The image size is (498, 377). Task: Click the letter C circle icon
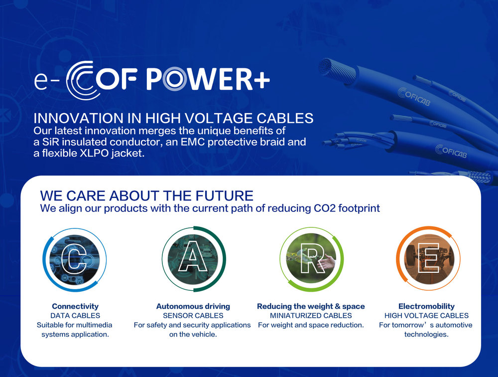[75, 259]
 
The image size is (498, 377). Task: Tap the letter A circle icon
[194, 259]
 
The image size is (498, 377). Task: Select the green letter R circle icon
[312, 259]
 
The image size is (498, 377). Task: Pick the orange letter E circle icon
[428, 258]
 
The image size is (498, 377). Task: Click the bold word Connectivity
[75, 306]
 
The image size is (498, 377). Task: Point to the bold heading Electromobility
[426, 306]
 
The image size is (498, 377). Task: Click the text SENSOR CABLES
[193, 316]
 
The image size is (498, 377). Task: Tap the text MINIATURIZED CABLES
[311, 316]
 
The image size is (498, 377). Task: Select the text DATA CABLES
[75, 316]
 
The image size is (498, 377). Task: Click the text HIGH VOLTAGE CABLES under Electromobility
[426, 316]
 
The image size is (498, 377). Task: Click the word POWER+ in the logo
[208, 79]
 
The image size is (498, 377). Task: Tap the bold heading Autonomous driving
[193, 306]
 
